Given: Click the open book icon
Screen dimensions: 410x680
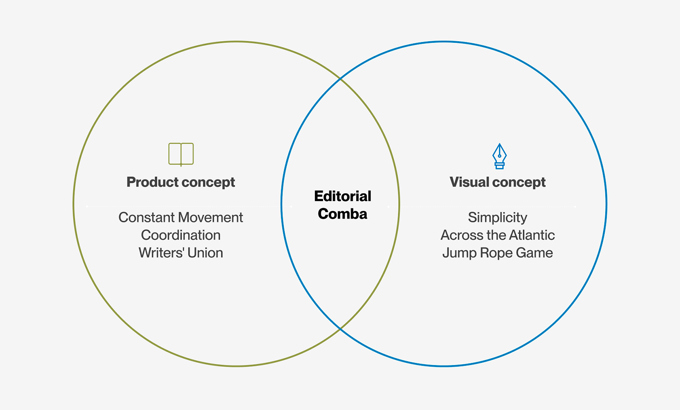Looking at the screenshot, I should coord(181,154).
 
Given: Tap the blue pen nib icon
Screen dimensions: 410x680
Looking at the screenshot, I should coord(499,156).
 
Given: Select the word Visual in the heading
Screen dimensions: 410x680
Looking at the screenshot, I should coord(469,182).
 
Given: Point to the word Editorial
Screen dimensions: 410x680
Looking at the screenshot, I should coord(343,196).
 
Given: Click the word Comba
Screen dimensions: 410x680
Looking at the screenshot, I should coord(343,214).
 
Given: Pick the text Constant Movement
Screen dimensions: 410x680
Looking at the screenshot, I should coord(181,217).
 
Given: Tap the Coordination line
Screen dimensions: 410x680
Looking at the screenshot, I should coord(181,235).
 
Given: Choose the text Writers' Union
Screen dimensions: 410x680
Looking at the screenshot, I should coord(181,253).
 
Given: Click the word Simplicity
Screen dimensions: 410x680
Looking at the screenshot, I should coord(497,217).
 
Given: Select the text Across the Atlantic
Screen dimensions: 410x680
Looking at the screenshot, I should coord(497,235).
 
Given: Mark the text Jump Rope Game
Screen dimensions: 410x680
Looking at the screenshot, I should coord(497,253).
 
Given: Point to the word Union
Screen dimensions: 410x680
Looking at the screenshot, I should coord(205,253).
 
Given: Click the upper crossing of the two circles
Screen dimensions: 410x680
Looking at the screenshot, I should coord(340,79).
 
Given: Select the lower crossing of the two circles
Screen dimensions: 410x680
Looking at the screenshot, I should coord(340,329).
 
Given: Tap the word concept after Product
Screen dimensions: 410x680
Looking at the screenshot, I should coord(208,182).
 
